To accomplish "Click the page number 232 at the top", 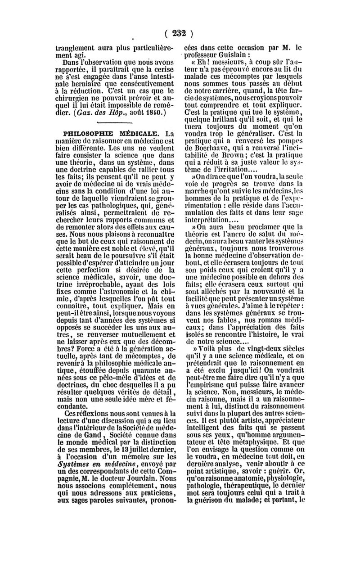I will [x=179, y=33].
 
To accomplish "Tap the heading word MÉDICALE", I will [x=137, y=134].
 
